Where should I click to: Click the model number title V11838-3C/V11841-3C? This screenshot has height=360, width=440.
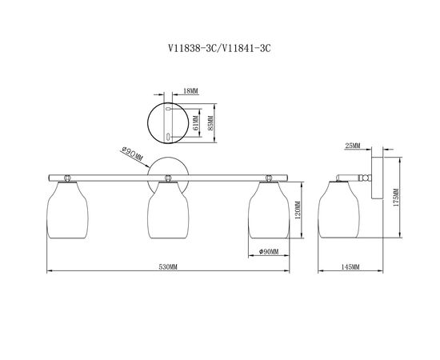[x=219, y=49]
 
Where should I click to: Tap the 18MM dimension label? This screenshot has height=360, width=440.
[x=190, y=91]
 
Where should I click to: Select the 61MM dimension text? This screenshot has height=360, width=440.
[x=196, y=123]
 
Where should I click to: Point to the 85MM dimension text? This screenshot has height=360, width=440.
[x=210, y=123]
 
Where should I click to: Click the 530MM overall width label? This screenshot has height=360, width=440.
[x=168, y=267]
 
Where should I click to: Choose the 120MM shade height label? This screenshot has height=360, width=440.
[x=298, y=210]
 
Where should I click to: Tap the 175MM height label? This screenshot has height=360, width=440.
[x=396, y=198]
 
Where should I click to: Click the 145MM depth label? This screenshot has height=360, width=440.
[x=350, y=267]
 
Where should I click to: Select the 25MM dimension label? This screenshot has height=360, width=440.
[x=353, y=146]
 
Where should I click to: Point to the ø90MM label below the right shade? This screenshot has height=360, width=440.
[x=269, y=252]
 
